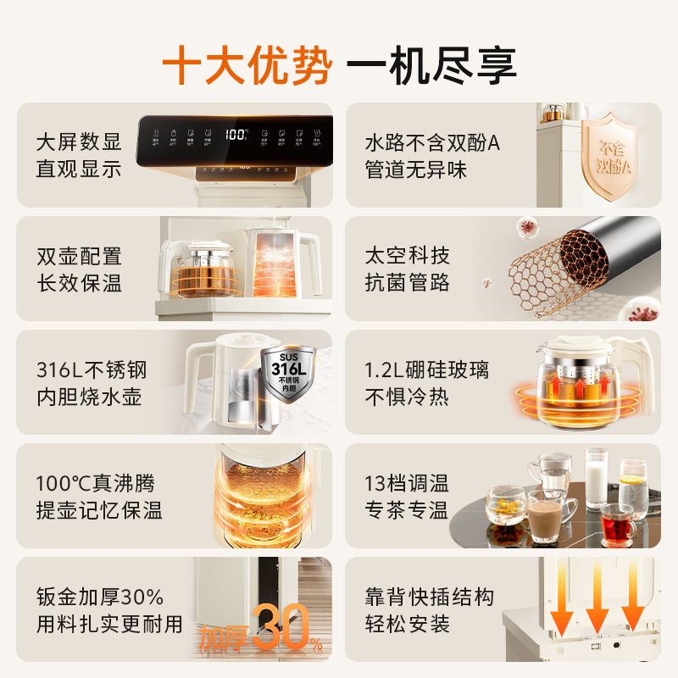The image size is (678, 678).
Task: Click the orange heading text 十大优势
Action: click(246, 64)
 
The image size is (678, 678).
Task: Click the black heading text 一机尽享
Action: click(433, 64)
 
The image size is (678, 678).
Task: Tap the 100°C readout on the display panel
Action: click(236, 134)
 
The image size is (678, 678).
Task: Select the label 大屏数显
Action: click(79, 142)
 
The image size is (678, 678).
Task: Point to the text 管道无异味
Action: click(415, 169)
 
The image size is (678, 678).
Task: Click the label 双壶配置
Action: click(79, 256)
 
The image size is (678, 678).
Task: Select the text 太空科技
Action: click(407, 256)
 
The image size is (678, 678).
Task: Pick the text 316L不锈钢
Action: click(92, 370)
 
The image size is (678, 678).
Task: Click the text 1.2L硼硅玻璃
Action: click(426, 370)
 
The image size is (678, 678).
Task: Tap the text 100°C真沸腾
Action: click(95, 484)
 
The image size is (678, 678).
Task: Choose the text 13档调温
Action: click(407, 484)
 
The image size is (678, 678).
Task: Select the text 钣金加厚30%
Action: click(99, 597)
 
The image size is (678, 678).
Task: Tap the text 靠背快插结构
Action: click(429, 597)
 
